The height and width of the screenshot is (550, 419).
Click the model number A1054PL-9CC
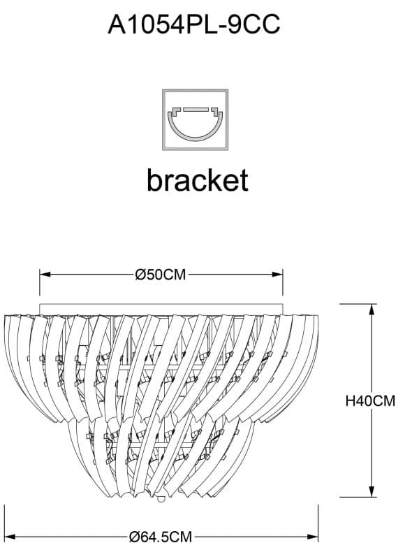coord(193,25)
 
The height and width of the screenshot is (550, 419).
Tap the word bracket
coord(197,180)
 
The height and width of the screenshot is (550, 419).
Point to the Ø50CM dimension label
coord(161,275)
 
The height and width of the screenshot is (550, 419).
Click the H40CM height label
coord(371,401)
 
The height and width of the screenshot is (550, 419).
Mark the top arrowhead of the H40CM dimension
coord(371,308)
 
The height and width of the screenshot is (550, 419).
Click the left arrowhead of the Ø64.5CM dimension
coord(9,537)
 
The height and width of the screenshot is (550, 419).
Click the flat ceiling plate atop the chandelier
coord(161,308)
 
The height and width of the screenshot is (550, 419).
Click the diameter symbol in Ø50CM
coord(140,275)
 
